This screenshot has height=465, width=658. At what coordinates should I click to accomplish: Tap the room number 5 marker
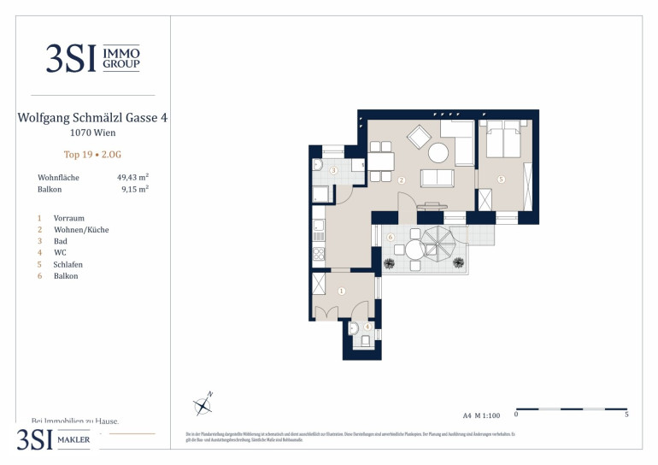[502, 180]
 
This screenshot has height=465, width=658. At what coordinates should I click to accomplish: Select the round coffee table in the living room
[438, 153]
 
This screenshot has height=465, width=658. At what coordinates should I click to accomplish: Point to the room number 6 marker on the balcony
[391, 237]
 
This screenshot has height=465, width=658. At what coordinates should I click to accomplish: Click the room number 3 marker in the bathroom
[333, 171]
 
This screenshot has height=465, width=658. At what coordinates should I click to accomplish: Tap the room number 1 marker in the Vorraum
[341, 291]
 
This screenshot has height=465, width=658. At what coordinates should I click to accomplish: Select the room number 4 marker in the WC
[367, 326]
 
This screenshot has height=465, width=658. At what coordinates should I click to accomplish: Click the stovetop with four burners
[319, 253]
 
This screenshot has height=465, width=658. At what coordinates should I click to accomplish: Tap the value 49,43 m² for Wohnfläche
[132, 177]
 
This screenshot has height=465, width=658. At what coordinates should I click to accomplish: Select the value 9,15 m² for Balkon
[135, 190]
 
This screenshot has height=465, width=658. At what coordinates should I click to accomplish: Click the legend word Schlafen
[68, 264]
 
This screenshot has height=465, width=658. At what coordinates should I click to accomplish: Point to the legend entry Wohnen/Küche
[80, 230]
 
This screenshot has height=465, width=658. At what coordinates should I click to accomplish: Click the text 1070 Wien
[92, 132]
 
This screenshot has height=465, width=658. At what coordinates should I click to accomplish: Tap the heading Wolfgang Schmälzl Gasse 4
[92, 118]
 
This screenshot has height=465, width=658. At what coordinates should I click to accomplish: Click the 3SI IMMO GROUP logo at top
[92, 58]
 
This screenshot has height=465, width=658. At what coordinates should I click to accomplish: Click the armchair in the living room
[419, 137]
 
